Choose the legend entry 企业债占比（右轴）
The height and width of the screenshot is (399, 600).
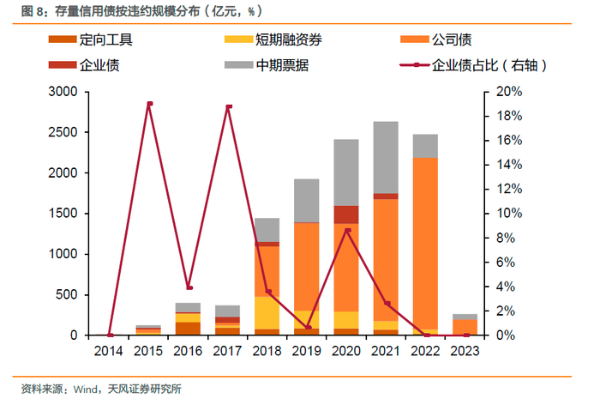(x=489, y=64)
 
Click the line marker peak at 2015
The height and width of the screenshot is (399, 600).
(x=149, y=104)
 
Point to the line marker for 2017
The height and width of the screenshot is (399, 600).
(x=229, y=107)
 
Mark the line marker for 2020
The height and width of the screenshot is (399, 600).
(x=347, y=230)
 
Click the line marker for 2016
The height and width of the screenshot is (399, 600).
(x=189, y=287)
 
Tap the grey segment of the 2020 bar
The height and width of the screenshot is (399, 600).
(x=346, y=172)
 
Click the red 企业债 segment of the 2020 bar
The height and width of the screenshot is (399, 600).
(x=346, y=215)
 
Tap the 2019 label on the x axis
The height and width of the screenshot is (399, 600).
(x=307, y=350)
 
